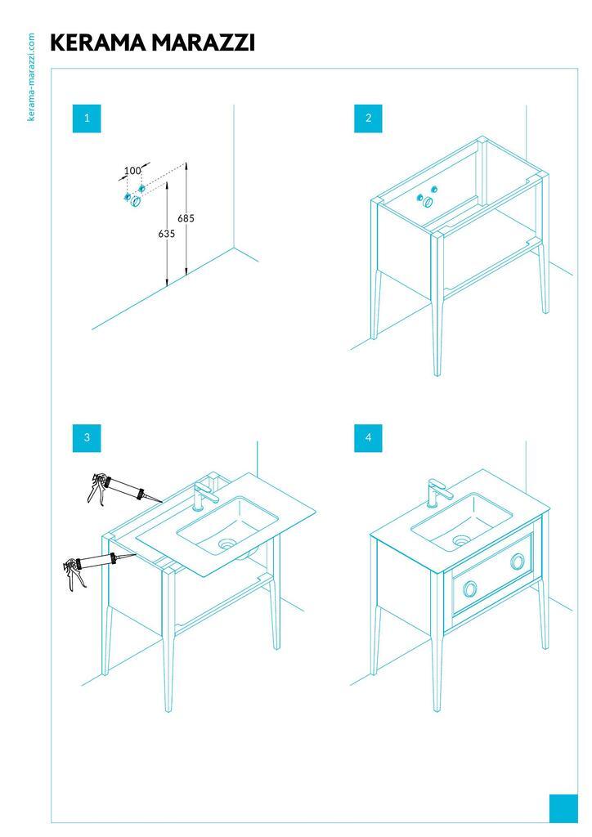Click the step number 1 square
click(x=87, y=118)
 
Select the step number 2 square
click(x=368, y=118)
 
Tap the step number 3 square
click(x=87, y=438)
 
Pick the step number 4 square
click(x=368, y=438)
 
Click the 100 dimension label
click(x=132, y=171)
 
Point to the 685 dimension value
click(x=186, y=218)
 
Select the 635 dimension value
click(x=167, y=233)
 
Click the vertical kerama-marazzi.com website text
click(x=31, y=77)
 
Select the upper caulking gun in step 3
click(x=123, y=490)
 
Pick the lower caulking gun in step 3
click(x=99, y=569)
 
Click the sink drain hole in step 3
click(x=227, y=543)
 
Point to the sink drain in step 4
click(x=461, y=541)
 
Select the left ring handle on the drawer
click(x=470, y=589)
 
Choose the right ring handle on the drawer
click(x=518, y=562)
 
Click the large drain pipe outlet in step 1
click(x=136, y=202)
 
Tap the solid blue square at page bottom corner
click(x=563, y=808)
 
